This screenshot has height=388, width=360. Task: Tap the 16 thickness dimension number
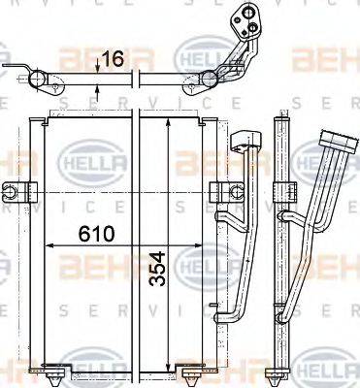113,59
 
